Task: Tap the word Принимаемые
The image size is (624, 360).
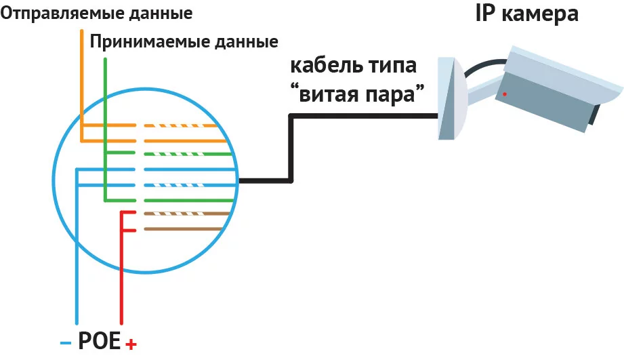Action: tap(149, 42)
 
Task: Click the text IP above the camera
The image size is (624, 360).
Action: tap(485, 14)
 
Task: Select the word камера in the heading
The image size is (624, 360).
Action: tap(539, 15)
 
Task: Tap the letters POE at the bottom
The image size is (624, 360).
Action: tap(99, 341)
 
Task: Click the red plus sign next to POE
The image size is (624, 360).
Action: tap(131, 344)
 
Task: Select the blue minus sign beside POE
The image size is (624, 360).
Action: tap(66, 343)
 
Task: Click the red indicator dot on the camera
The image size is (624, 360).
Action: tap(505, 94)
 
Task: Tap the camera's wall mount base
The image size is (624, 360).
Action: tap(453, 98)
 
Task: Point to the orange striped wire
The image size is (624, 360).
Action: tap(180, 126)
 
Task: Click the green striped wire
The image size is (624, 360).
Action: tap(188, 154)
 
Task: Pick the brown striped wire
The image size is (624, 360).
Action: tap(186, 214)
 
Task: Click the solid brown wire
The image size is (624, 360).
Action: tap(183, 229)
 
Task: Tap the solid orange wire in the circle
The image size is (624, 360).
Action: tap(185, 141)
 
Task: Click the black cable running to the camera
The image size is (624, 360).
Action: tap(291, 148)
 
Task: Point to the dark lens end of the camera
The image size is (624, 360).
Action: tap(593, 115)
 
